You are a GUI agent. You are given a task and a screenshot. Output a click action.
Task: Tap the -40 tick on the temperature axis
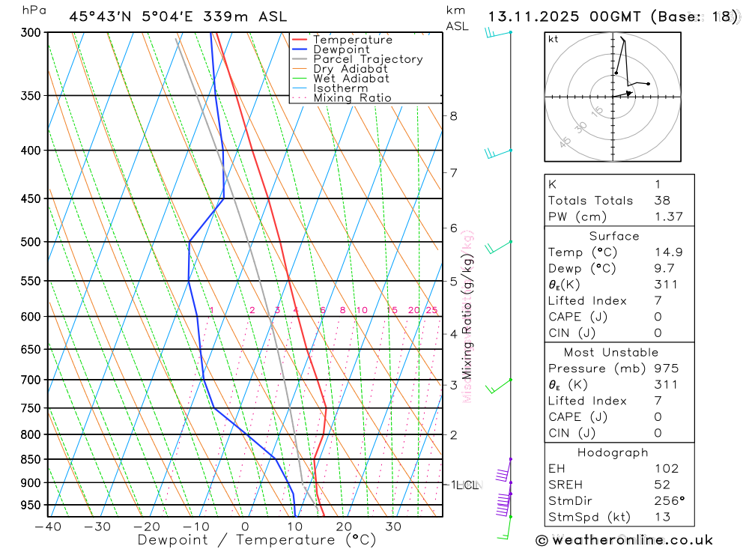47,527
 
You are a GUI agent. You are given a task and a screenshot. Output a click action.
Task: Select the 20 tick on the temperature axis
344,527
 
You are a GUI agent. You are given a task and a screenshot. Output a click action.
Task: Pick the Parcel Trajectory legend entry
368,59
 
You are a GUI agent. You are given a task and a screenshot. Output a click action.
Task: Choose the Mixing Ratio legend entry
352,98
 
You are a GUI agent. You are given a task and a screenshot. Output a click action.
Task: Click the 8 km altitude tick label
454,115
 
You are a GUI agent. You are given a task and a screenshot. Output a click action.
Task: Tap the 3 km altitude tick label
454,385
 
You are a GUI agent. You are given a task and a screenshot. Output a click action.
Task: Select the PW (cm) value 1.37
668,217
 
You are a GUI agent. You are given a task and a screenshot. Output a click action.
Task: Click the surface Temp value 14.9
668,252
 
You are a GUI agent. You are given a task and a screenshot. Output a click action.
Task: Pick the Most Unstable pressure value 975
666,368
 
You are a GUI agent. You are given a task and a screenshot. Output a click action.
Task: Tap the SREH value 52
662,485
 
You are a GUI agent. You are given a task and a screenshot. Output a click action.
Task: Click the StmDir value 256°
669,501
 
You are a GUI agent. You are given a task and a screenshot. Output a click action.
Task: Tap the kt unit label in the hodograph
553,39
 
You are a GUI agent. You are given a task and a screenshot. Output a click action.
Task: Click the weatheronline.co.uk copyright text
624,540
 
